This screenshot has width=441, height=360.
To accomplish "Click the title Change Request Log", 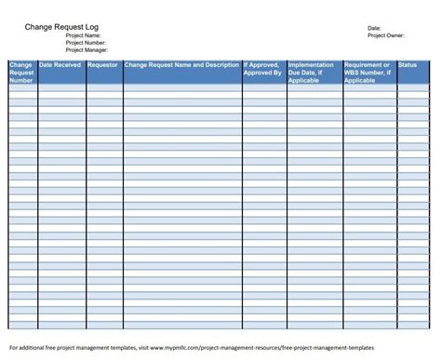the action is click(x=60, y=28).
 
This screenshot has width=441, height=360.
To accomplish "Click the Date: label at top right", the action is click(x=374, y=29).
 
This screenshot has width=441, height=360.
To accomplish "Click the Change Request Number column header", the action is click(x=22, y=73).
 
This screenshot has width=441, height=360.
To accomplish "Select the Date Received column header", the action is click(x=60, y=66).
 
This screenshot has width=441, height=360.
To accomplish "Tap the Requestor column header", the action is click(x=103, y=66).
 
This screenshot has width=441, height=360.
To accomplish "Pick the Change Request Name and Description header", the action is click(x=181, y=66).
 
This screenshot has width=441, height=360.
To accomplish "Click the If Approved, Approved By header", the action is click(x=263, y=70).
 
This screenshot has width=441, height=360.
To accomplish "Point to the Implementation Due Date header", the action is click(x=314, y=73).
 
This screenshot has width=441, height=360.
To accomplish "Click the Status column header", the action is click(x=408, y=66).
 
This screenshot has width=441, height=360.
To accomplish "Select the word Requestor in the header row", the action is click(x=103, y=66).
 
